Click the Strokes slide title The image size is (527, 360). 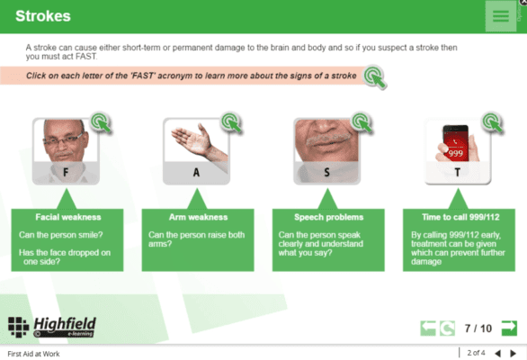coord(43,16)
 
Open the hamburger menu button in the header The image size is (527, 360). coord(501,16)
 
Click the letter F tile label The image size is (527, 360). coord(66,173)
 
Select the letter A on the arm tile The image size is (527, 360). coord(196,173)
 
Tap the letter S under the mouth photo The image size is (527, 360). coord(326,173)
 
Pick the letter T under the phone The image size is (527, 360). coord(458,173)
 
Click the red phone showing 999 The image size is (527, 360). coord(455,143)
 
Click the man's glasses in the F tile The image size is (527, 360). coord(63,139)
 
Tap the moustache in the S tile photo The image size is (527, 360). coord(327,139)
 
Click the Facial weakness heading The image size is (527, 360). coord(68,217)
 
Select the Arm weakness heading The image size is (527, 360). coord(198,217)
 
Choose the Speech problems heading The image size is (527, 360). coord(329,217)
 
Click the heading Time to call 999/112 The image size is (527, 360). coord(460,217)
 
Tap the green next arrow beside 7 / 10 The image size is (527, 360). coord(509,328)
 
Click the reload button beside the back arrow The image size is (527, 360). coord(447,328)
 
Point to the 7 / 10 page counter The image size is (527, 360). coord(478,328)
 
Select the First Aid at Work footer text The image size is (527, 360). coord(33,354)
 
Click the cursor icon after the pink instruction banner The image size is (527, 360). coord(375,76)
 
